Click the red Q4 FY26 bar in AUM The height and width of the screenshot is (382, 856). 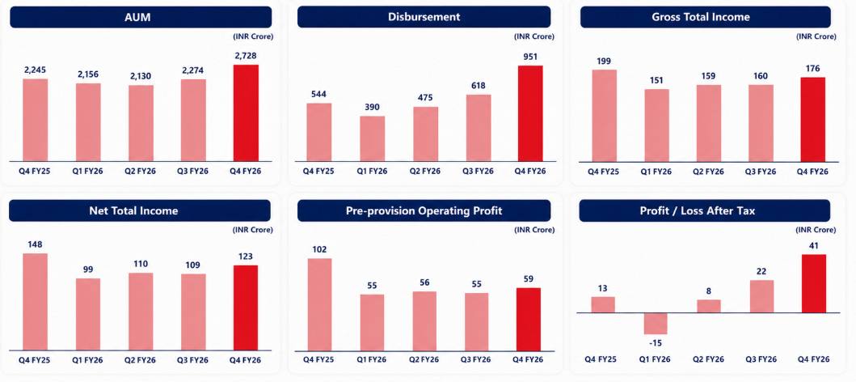pos(247,112)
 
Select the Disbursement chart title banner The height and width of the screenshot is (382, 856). pos(424,17)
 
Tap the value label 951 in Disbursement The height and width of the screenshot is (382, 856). pos(530,57)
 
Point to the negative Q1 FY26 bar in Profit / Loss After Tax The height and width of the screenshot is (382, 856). pos(656,324)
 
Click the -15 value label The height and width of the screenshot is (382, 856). pos(656,343)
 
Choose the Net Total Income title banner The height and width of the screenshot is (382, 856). pos(141,210)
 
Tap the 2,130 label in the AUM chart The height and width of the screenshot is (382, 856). pos(141,76)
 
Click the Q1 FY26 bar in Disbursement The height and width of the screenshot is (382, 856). pos(373,139)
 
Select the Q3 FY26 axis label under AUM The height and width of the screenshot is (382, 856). pos(194,171)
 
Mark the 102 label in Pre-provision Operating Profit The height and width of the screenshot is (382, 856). pos(319,249)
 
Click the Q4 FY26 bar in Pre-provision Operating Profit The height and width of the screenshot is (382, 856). pos(529,319)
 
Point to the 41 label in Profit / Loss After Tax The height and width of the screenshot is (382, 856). pos(813,245)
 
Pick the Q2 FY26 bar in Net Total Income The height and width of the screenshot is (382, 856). pos(141,312)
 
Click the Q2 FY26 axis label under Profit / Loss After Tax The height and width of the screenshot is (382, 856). pos(709,359)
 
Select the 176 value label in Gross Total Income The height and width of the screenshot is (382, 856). pos(813,68)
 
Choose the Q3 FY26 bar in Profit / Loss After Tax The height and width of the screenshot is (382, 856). pos(761,297)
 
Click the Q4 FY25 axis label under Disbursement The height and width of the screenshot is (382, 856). pos(318,171)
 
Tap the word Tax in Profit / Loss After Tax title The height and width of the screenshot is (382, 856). pos(745,210)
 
